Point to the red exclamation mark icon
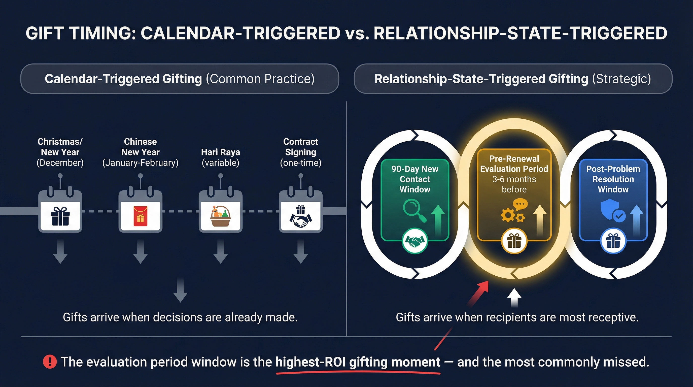(50, 362)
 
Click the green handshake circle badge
(414, 241)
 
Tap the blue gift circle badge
(613, 241)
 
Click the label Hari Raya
(220, 152)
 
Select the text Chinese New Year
(140, 147)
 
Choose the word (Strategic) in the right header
(621, 79)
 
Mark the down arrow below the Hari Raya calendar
(220, 252)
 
